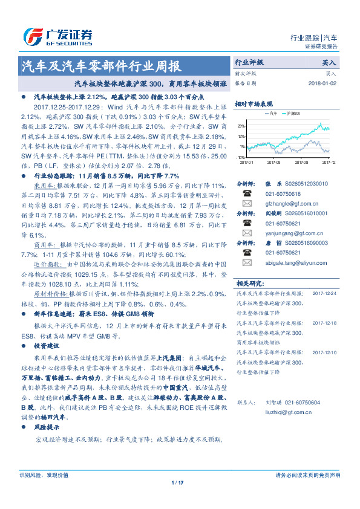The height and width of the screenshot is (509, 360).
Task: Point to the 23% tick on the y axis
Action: point(241,126)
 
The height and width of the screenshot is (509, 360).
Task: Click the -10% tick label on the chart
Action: point(241,157)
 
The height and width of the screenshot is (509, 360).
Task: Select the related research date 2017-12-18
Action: point(326,324)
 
